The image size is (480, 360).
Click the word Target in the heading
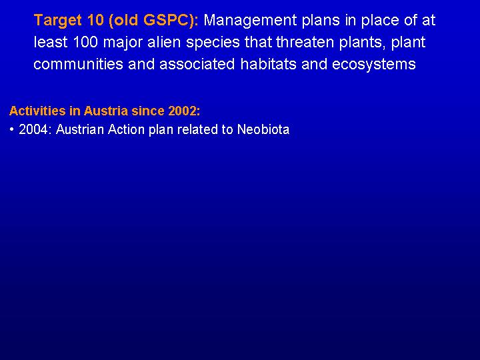coord(58,21)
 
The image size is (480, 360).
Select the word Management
coord(250,21)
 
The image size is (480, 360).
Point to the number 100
coord(85,42)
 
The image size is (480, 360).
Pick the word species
coord(213,43)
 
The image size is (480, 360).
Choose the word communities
coord(78,64)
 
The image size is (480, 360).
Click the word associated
coord(197,64)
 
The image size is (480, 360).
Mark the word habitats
coord(268,64)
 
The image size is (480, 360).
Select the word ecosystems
coord(374,65)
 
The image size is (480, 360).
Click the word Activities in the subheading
coord(37,111)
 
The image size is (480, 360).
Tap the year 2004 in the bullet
coord(33,129)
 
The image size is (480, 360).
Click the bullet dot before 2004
coord(11,130)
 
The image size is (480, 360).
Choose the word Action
coord(127,129)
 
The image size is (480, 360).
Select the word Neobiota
coord(263,129)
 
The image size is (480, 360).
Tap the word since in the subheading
coord(148,111)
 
